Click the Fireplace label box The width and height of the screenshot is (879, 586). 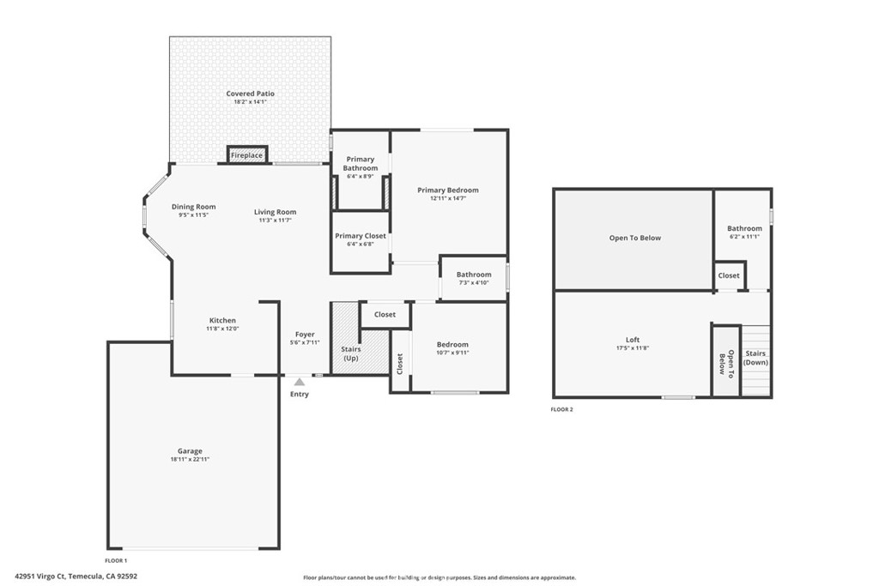[x=246, y=155]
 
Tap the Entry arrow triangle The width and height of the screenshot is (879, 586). [x=300, y=382]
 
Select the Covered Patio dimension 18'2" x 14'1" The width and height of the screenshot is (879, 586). [x=250, y=102]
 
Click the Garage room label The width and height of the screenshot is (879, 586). [x=190, y=451]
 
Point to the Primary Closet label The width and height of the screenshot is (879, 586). [x=361, y=236]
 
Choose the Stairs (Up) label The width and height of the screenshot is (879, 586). [x=351, y=353]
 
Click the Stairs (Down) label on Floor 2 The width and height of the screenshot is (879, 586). [x=755, y=358]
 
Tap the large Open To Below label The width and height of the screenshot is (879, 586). [x=635, y=239]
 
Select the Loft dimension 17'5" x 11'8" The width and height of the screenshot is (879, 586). [x=633, y=347]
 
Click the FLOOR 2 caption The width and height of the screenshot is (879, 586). [x=561, y=409]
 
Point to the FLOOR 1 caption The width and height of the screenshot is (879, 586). [x=116, y=561]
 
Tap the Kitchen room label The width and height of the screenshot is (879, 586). [x=222, y=320]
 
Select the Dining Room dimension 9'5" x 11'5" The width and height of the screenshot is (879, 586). [x=193, y=215]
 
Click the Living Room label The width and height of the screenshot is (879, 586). [x=276, y=212]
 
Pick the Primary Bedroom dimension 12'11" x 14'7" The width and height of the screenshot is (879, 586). [x=448, y=198]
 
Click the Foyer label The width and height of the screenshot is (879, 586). [x=305, y=335]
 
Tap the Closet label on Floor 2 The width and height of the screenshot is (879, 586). [x=729, y=275]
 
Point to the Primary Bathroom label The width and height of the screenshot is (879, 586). [x=361, y=164]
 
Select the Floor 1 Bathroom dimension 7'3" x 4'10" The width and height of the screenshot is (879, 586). [x=474, y=283]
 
